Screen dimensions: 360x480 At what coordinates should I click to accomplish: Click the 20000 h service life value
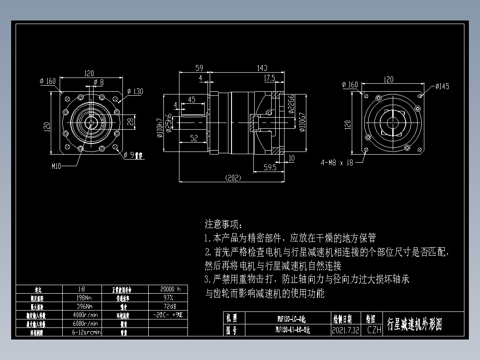pos(168,289)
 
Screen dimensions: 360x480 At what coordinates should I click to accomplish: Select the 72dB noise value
pos(168,306)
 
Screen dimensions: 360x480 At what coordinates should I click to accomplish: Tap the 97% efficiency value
pos(168,298)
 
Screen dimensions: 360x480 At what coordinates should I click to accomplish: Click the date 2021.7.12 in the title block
pos(345,330)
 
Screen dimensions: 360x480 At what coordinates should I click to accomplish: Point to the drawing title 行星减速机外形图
pos(414,324)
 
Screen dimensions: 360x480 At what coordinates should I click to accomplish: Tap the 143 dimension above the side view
pos(262,68)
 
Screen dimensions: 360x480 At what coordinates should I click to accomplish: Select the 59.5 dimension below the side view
pos(269,168)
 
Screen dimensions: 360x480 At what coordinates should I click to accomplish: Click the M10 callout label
pos(57,166)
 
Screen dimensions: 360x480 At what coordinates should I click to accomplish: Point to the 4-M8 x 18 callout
pos(337,163)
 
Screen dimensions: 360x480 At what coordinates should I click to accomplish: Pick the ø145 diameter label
pos(442,86)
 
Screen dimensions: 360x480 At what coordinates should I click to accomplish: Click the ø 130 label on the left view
pos(135,91)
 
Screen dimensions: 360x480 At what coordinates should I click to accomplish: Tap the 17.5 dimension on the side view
pos(269,78)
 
